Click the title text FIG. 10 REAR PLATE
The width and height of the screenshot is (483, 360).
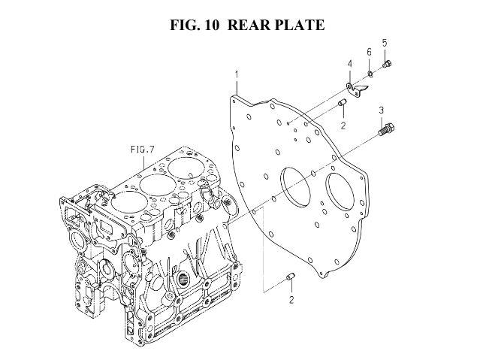click(x=247, y=25)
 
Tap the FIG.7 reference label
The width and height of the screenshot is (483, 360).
click(x=142, y=150)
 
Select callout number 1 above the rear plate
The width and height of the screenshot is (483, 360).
click(x=237, y=74)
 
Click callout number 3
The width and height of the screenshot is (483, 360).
click(x=382, y=110)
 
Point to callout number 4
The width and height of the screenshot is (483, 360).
click(x=350, y=64)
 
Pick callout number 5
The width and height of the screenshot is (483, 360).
click(x=385, y=43)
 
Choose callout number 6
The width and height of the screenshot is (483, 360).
click(x=369, y=52)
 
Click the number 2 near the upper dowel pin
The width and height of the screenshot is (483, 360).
click(x=343, y=126)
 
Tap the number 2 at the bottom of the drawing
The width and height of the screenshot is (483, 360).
click(x=291, y=300)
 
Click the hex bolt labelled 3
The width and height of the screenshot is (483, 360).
click(x=386, y=129)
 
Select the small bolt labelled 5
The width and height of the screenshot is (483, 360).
click(x=387, y=65)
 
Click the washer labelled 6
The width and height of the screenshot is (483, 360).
click(x=370, y=74)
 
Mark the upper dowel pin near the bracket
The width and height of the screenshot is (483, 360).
click(x=343, y=103)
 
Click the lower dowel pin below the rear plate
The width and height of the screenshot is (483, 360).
click(x=291, y=277)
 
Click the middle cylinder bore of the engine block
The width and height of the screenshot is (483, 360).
click(x=158, y=186)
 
